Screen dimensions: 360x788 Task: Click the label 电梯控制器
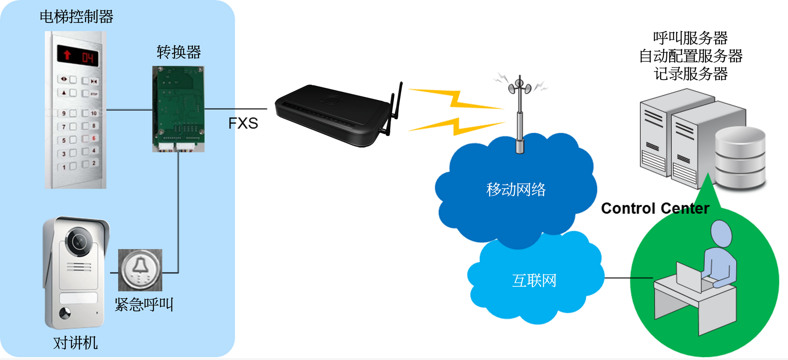click(76, 17)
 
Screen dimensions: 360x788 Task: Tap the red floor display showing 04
click(78, 56)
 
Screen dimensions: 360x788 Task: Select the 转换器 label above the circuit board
click(178, 52)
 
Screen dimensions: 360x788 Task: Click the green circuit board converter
click(178, 108)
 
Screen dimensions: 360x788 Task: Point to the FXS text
click(243, 124)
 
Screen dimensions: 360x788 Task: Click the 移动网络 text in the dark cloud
click(516, 189)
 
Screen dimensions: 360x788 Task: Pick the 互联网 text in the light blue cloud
click(534, 281)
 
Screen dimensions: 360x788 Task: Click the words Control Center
click(655, 208)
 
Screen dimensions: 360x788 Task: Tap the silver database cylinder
click(740, 158)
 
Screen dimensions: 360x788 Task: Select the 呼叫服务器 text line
click(690, 38)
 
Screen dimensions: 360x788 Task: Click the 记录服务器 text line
click(690, 74)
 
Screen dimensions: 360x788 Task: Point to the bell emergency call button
click(140, 270)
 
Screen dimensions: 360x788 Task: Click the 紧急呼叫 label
click(144, 304)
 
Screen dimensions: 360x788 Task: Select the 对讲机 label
click(75, 343)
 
